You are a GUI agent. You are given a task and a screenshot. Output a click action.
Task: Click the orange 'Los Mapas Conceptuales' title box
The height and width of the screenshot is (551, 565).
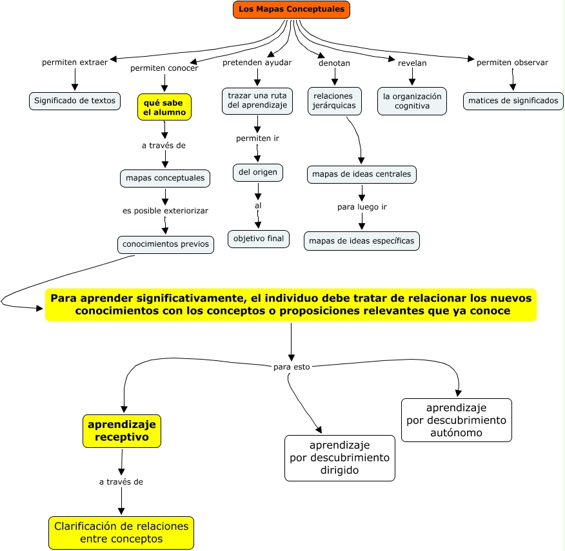click(x=291, y=10)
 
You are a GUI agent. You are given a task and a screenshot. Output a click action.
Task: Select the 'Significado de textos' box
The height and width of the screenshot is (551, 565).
click(x=75, y=101)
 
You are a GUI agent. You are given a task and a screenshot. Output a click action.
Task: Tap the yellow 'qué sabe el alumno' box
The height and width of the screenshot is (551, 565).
click(x=164, y=108)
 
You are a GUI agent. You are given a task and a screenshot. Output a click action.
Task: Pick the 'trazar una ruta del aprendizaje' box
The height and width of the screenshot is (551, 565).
click(x=257, y=101)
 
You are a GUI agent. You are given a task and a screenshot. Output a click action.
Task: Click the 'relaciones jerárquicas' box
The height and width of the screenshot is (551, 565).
click(x=334, y=101)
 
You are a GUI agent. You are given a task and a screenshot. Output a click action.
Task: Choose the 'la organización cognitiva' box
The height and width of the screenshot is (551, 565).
click(x=412, y=101)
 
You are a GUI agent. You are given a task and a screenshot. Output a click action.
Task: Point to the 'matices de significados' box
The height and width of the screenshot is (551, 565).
click(x=513, y=101)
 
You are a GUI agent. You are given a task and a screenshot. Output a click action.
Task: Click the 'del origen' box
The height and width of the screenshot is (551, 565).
click(x=257, y=173)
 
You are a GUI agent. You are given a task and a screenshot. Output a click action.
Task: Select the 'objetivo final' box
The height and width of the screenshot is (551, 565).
click(x=259, y=238)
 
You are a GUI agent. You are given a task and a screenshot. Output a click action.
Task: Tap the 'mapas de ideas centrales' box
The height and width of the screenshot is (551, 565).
click(x=361, y=174)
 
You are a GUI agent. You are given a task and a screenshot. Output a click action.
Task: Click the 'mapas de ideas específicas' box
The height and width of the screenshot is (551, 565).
click(x=361, y=241)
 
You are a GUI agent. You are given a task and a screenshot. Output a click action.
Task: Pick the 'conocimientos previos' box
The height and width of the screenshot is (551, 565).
click(x=165, y=244)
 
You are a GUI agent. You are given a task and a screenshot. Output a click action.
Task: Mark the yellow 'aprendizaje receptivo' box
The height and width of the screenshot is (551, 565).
click(x=122, y=431)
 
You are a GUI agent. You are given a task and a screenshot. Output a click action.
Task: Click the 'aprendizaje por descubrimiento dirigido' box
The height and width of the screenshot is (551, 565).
click(x=340, y=458)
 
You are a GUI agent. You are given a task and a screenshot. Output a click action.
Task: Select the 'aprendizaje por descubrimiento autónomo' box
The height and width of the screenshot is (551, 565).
click(x=457, y=420)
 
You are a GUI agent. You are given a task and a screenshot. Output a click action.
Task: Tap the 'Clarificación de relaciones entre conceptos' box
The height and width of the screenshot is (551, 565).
click(x=121, y=533)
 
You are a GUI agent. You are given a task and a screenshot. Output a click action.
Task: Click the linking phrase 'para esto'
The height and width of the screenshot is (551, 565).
click(x=292, y=367)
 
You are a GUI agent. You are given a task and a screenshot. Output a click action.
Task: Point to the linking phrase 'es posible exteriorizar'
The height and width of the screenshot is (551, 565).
click(x=165, y=211)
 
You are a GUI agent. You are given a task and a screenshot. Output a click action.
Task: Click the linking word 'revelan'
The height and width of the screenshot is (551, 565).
click(x=412, y=63)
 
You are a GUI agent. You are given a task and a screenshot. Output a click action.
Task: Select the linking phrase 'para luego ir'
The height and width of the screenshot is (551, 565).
click(x=362, y=207)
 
